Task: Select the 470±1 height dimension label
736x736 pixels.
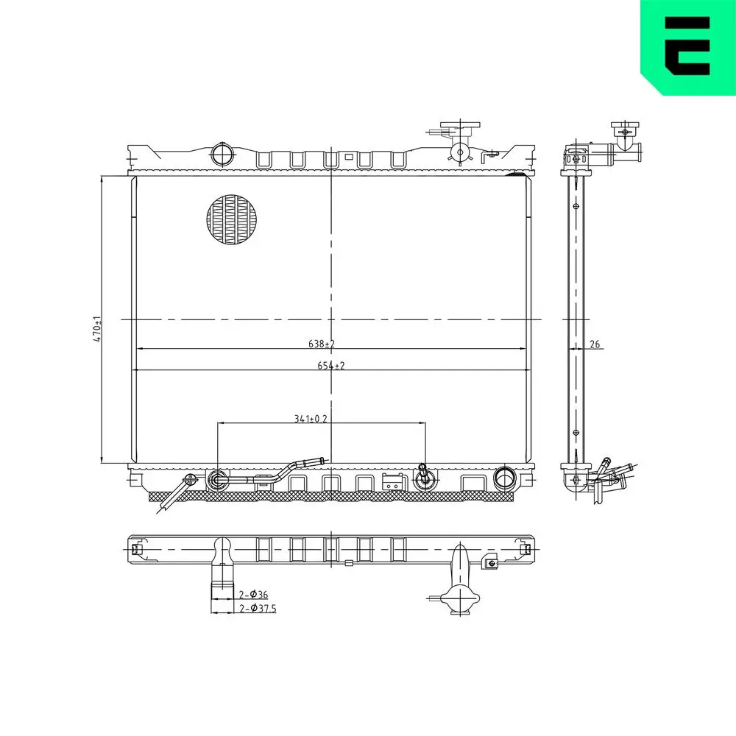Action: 96,327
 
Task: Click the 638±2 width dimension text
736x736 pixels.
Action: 322,344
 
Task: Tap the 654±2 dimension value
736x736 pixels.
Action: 331,366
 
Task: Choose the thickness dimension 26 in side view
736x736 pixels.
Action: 595,344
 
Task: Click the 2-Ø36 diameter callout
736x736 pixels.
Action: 253,594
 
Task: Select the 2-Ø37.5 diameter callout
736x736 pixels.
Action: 258,609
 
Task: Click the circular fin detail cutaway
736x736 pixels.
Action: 233,220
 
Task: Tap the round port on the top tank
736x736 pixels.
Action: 222,155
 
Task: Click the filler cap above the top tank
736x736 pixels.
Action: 460,132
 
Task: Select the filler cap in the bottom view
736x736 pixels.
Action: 461,600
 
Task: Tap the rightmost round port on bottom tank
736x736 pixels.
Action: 505,478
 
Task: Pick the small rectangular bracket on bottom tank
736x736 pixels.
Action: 393,482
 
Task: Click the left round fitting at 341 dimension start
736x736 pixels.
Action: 218,480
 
